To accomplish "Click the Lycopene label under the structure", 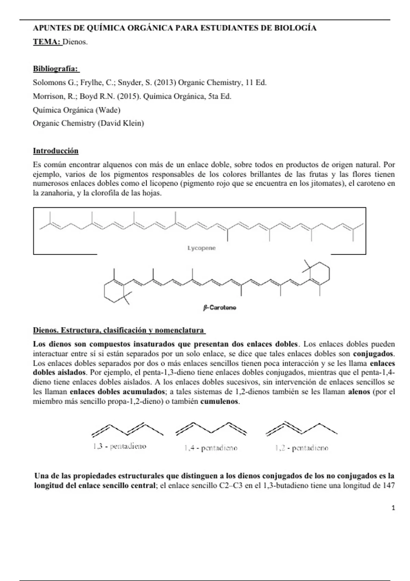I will coord(201,248).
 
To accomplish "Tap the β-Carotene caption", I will coord(220,308).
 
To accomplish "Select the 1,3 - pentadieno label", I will coord(119,446).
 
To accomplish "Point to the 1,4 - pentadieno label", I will coord(210,448).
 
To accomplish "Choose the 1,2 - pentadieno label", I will coord(302,448).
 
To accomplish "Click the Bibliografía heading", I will coord(56,69).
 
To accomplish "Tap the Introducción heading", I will coord(56,151).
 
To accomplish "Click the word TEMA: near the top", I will coord(47,42).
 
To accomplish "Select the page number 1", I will coord(393,508).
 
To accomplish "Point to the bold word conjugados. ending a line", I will coord(373,353).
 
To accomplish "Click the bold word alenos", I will coord(359,392).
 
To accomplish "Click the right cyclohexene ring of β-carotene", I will coord(319,273).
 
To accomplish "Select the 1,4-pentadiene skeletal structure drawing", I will coord(211,429).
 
